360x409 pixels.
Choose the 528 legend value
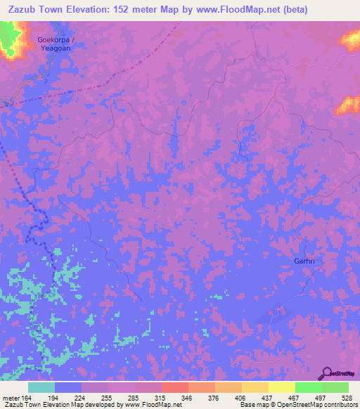coord(347,398)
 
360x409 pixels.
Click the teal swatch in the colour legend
coord(41,387)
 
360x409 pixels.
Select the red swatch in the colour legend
coord(174,387)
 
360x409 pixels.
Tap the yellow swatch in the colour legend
coord(281,387)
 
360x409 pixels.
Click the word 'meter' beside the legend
coord(10,398)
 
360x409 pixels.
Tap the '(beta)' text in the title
coord(292,9)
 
